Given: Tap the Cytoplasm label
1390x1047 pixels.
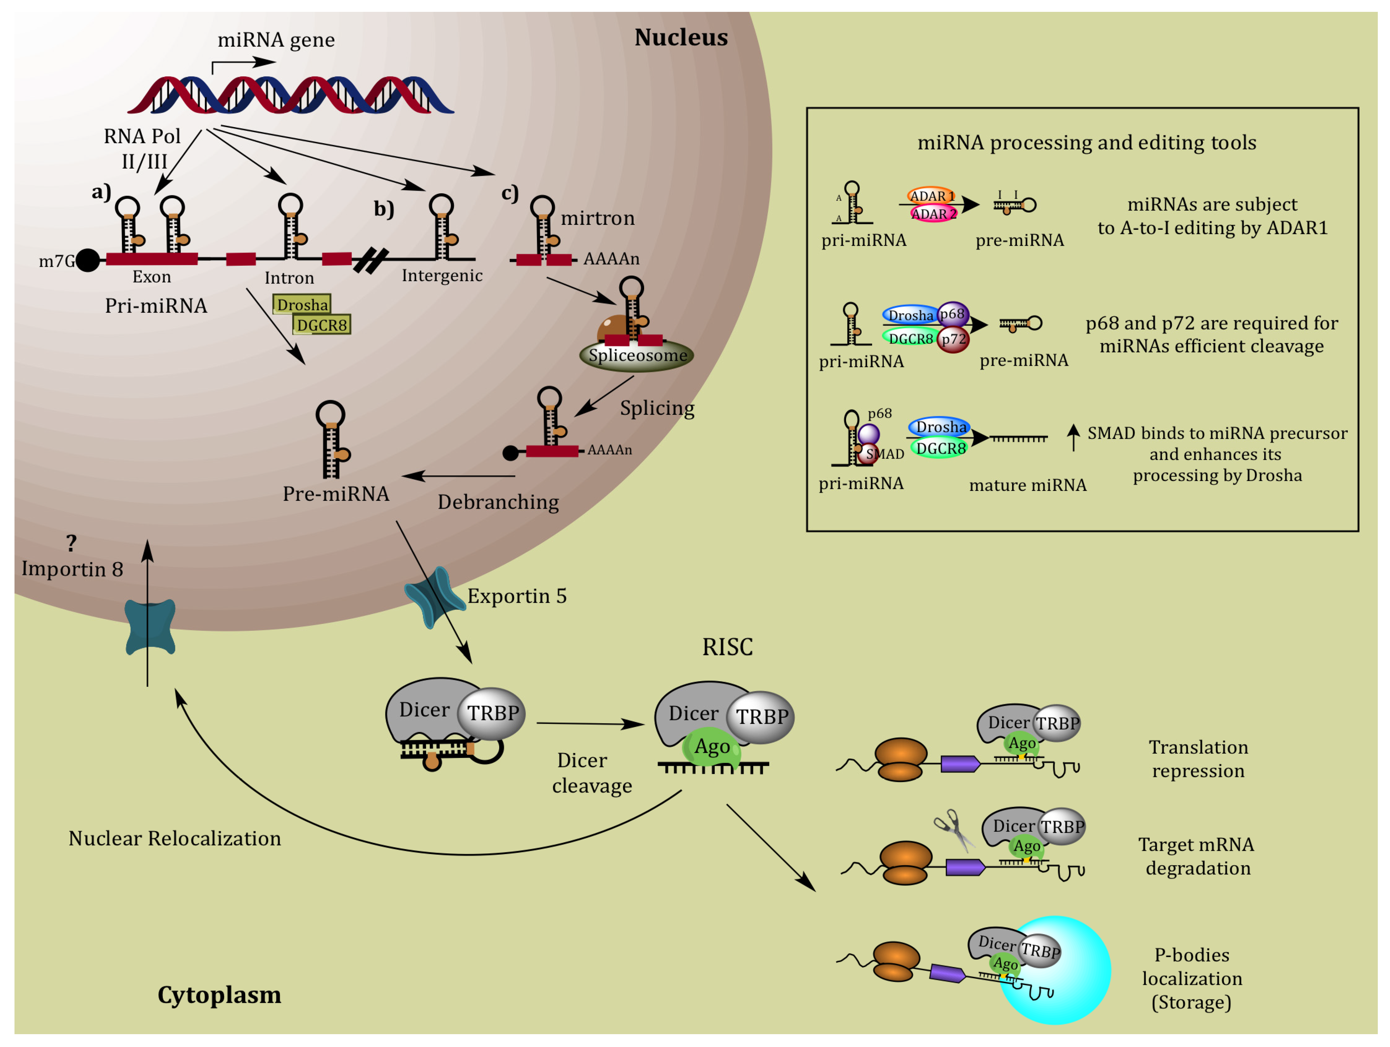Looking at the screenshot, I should (219, 995).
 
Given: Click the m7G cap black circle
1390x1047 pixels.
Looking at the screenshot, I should (88, 260).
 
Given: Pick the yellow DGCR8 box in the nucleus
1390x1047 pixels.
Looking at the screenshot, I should (322, 325).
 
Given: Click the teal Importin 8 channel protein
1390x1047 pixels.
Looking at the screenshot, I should (150, 627).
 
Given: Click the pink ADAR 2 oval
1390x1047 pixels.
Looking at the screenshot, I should (933, 214).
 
